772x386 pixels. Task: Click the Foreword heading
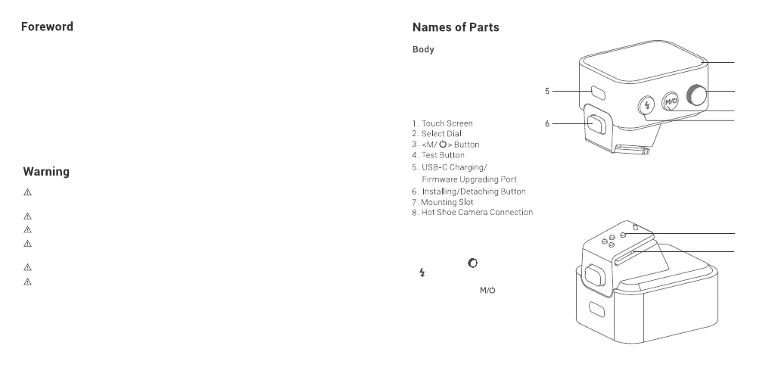[x=47, y=26]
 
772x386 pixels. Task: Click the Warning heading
[x=46, y=172]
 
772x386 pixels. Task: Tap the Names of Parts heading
[x=456, y=27]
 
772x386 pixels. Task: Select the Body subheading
[x=423, y=50]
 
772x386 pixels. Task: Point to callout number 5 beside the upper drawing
[x=547, y=91]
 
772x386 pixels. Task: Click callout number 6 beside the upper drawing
[x=547, y=123]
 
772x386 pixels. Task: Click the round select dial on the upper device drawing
[x=696, y=96]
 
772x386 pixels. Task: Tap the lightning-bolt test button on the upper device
[x=647, y=105]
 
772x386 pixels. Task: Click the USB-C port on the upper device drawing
[x=596, y=93]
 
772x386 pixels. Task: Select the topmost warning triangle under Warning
[x=27, y=192]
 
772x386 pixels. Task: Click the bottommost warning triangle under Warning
[x=27, y=282]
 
